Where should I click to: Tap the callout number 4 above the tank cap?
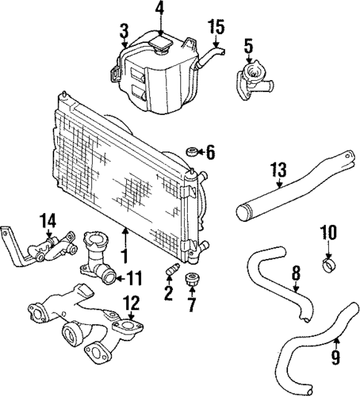[160, 9]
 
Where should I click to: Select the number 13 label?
[277, 171]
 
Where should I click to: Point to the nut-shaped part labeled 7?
[192, 280]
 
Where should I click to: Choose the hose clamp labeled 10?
[327, 263]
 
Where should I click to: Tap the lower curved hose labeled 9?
[312, 356]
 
